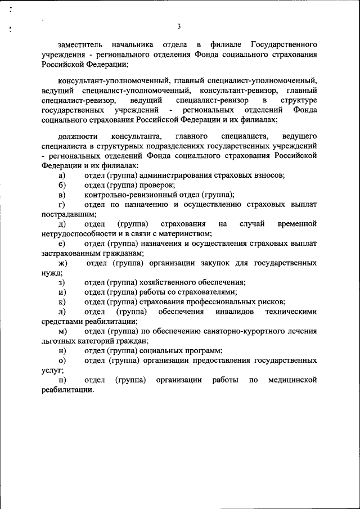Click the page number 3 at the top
click(x=178, y=26)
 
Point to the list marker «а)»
click(x=61, y=175)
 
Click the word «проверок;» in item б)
click(x=157, y=185)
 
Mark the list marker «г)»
click(x=61, y=204)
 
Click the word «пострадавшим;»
click(x=69, y=214)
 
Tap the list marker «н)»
click(x=61, y=350)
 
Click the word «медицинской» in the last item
click(x=292, y=380)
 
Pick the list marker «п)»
click(x=61, y=380)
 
